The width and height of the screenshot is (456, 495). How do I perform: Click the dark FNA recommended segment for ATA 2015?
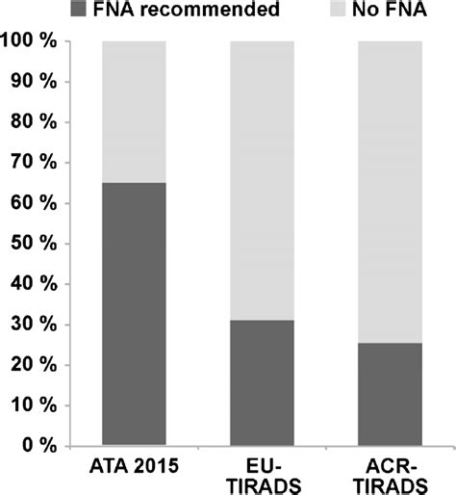click(134, 314)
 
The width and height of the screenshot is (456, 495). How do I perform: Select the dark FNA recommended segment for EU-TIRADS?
click(262, 382)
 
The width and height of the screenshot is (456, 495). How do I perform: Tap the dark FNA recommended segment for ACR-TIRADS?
click(390, 394)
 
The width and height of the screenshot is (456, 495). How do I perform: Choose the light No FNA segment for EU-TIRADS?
click(262, 181)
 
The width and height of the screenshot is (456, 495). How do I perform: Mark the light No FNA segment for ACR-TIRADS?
click(390, 193)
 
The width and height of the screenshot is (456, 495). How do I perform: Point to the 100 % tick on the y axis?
click(33, 43)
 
